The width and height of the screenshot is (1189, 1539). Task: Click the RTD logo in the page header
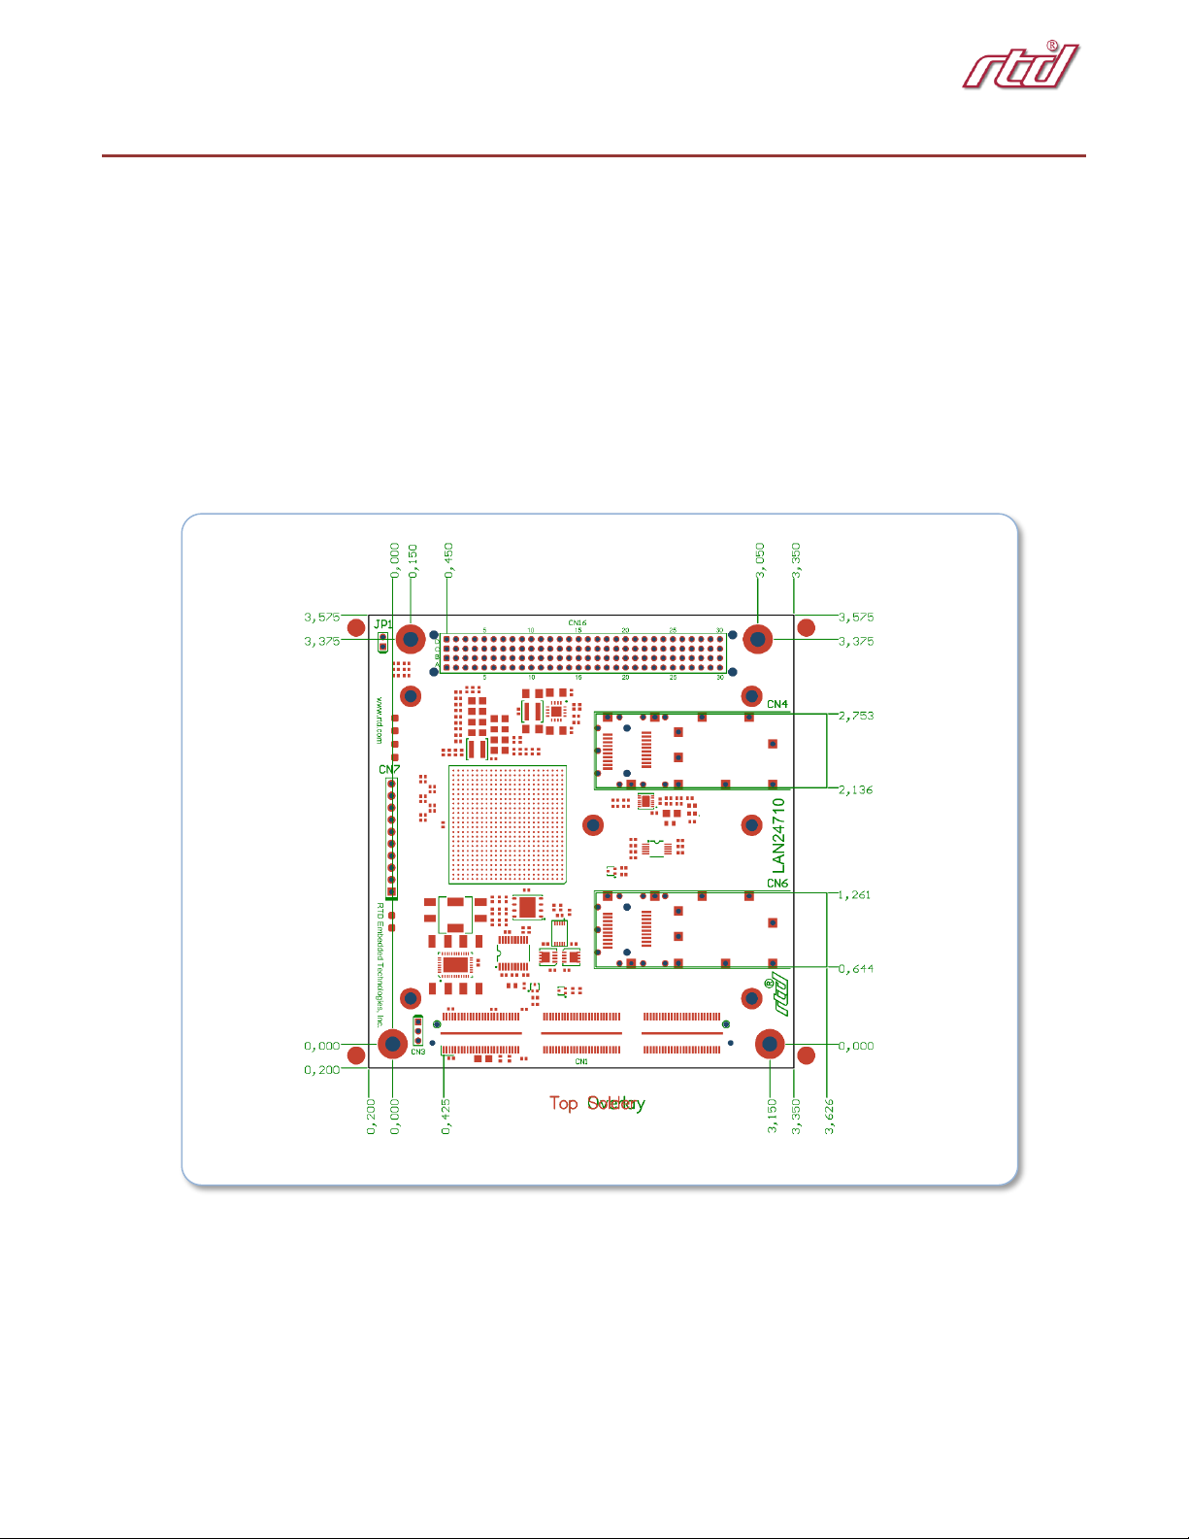tap(1020, 66)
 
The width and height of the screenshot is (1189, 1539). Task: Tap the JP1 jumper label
tap(383, 624)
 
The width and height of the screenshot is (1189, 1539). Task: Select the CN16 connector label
tap(578, 623)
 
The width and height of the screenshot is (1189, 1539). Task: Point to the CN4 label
tap(777, 704)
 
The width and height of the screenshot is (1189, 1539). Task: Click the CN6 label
tap(777, 884)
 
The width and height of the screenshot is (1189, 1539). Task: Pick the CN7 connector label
tap(388, 770)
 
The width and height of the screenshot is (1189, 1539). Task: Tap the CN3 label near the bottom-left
tap(417, 1053)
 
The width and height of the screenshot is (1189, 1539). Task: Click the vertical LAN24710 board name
tap(777, 835)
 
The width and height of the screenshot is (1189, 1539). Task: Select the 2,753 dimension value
tap(856, 716)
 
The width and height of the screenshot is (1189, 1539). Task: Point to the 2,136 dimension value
tap(856, 789)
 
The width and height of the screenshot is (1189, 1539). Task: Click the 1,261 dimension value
tap(856, 895)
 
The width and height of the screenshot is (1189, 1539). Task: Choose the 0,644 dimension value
tap(856, 968)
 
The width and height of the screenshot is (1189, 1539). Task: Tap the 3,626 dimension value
tap(830, 1117)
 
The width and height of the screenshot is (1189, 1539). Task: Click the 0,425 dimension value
tap(446, 1117)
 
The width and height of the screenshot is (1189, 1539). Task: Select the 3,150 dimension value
tap(773, 1117)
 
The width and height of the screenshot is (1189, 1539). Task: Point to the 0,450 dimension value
tap(448, 560)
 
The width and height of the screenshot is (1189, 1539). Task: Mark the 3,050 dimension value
tap(760, 560)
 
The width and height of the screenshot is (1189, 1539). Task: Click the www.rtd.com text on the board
tap(380, 719)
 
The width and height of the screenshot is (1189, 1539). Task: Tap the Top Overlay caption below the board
tap(597, 1103)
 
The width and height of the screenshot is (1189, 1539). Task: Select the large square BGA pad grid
tap(507, 824)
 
